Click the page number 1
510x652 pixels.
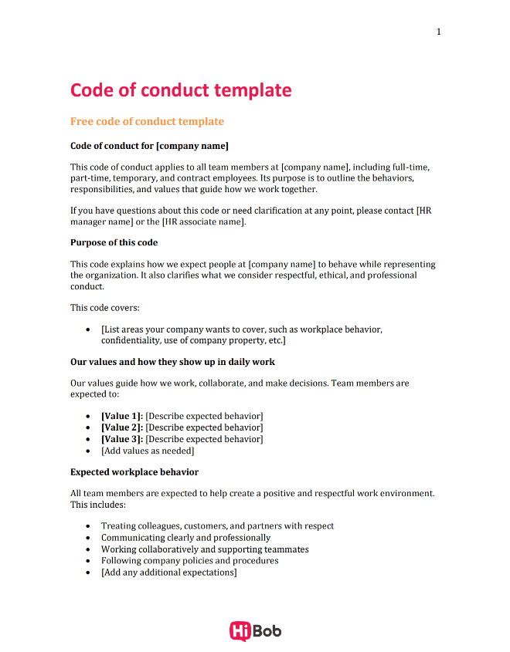pyautogui.click(x=439, y=32)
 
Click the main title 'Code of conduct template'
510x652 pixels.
pyautogui.click(x=181, y=90)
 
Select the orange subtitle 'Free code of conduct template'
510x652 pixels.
pyautogui.click(x=147, y=122)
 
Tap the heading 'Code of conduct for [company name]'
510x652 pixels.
pyautogui.click(x=149, y=146)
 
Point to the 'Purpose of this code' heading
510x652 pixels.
pyautogui.click(x=114, y=242)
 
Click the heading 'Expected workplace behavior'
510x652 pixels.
pyautogui.click(x=134, y=472)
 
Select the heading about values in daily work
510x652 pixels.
pyautogui.click(x=172, y=361)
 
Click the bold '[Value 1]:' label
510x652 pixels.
pyautogui.click(x=122, y=416)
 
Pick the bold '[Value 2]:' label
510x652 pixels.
pyautogui.click(x=122, y=427)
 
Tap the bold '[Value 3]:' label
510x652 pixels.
pyautogui.click(x=122, y=439)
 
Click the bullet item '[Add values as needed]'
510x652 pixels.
pyautogui.click(x=148, y=451)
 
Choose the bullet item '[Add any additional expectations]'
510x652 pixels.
pyautogui.click(x=168, y=573)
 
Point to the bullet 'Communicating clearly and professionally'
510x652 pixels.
pyautogui.click(x=185, y=538)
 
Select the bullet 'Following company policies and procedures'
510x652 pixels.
pyautogui.click(x=189, y=561)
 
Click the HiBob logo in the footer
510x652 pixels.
pyautogui.click(x=255, y=631)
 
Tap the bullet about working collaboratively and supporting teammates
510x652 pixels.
pyautogui.click(x=205, y=549)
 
